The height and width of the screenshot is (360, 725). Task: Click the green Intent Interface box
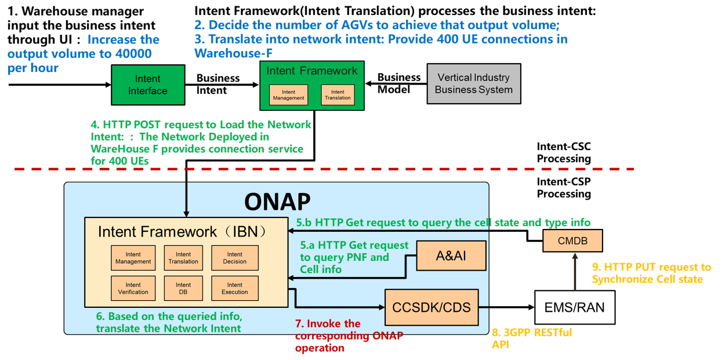tap(148, 85)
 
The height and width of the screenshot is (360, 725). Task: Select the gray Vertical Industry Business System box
tap(474, 83)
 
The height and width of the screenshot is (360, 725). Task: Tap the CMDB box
tap(573, 241)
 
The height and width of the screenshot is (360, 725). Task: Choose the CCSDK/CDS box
tap(432, 307)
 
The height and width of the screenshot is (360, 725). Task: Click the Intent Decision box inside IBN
tap(234, 258)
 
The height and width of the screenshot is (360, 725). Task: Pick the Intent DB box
tap(183, 288)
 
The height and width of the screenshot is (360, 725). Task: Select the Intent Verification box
tap(133, 288)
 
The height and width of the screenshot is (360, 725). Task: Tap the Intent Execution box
tap(234, 288)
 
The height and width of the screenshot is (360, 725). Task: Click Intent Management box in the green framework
tap(288, 95)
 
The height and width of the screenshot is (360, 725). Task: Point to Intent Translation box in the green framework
tap(338, 95)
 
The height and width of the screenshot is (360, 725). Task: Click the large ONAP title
tap(277, 201)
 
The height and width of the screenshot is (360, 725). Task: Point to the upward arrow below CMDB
tap(575, 272)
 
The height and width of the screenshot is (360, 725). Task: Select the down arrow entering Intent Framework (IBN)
tap(186, 200)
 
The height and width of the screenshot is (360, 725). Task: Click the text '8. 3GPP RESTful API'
tap(531, 338)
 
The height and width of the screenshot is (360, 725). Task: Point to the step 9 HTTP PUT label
tap(651, 273)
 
